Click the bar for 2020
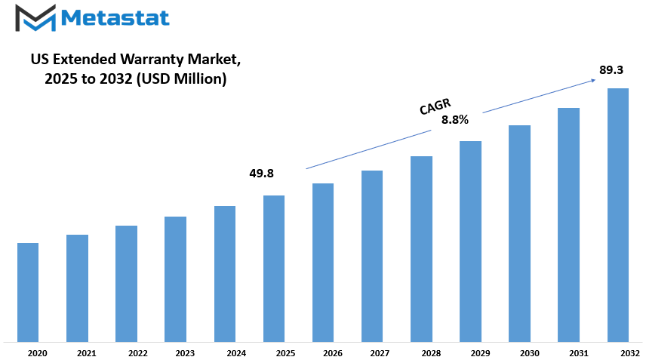(x=28, y=292)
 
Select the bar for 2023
(x=176, y=279)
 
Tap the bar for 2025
(x=274, y=269)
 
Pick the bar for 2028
(x=421, y=249)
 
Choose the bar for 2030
(x=519, y=233)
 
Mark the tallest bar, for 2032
(x=618, y=215)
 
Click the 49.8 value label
(x=262, y=174)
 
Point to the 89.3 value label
(x=611, y=70)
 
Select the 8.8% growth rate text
(x=455, y=120)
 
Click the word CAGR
(x=435, y=106)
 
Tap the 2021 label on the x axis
(x=87, y=353)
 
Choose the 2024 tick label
(x=236, y=353)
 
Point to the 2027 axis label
(x=380, y=353)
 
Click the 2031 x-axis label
(x=579, y=353)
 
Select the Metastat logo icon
(x=35, y=18)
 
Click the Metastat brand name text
(x=115, y=17)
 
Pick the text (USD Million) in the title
(x=181, y=78)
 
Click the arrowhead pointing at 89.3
(x=592, y=80)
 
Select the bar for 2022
(x=127, y=284)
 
